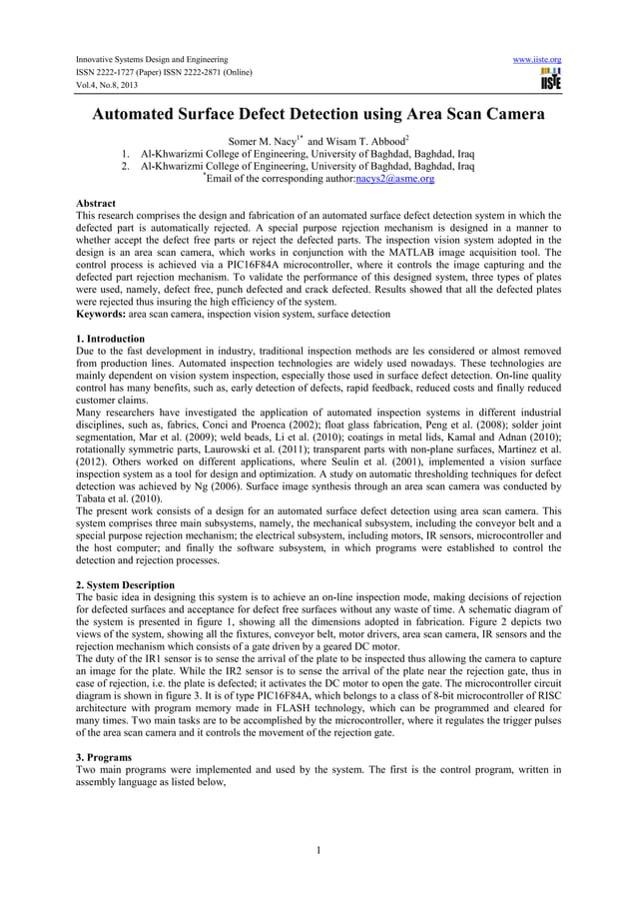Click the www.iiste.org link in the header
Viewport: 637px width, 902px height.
(x=536, y=59)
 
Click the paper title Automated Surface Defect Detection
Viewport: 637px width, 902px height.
(x=318, y=116)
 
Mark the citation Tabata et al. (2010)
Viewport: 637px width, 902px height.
(x=118, y=497)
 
